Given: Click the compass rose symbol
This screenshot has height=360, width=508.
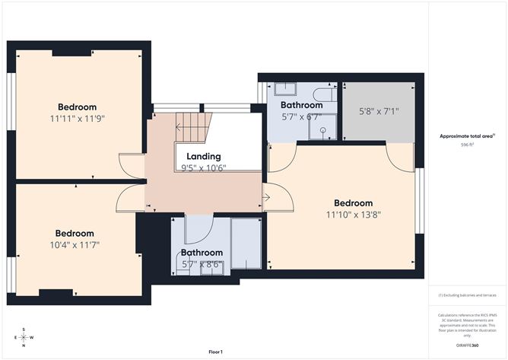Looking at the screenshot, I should point(24,337).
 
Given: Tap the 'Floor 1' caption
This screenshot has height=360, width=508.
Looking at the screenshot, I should point(219,352).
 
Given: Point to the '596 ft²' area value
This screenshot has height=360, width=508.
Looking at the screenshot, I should point(467,145).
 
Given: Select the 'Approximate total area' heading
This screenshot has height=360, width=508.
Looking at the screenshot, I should point(466,136).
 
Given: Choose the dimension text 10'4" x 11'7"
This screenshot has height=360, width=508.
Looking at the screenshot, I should point(75,245).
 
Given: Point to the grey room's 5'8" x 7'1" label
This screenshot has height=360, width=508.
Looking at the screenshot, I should point(378,111).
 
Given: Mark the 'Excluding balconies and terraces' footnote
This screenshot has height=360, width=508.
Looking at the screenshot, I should point(466,295).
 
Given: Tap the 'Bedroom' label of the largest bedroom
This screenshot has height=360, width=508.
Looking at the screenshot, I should point(354,203).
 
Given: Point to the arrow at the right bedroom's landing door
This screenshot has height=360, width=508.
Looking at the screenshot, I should point(265,199).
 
